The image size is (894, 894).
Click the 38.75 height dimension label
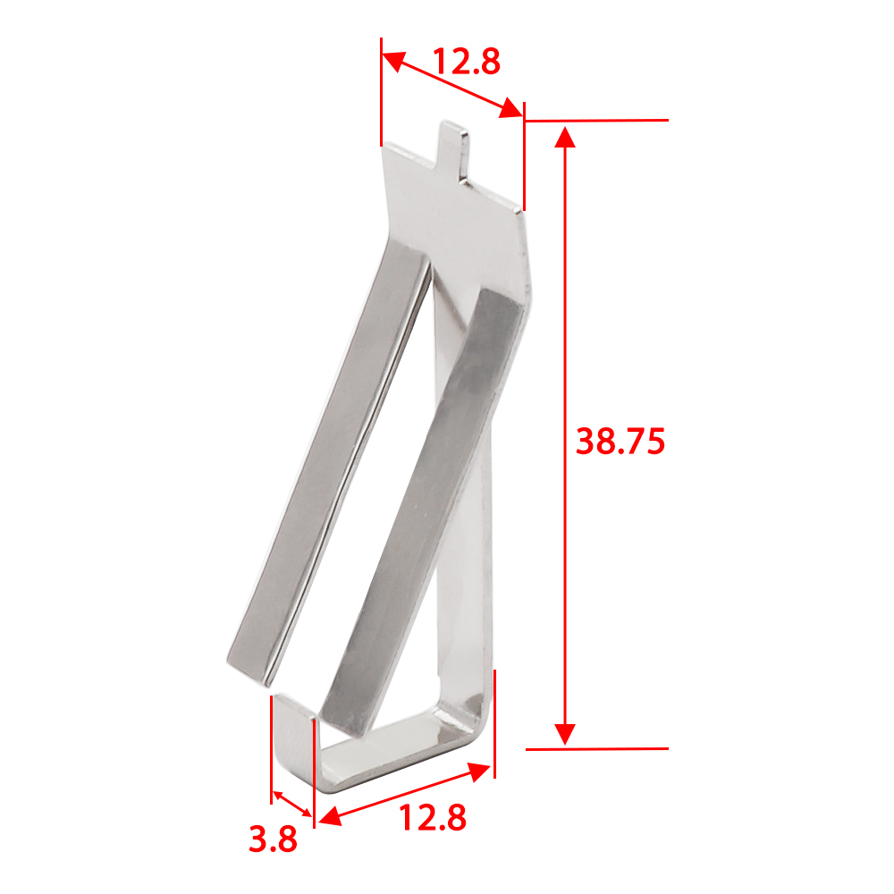tap(620, 442)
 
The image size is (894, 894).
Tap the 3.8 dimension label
tap(273, 839)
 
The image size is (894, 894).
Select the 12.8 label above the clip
tap(467, 62)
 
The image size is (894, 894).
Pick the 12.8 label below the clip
tap(433, 818)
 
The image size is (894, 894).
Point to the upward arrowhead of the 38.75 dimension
tap(565, 138)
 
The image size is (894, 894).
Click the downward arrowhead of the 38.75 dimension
tap(565, 734)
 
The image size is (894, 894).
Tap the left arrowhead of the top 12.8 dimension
tap(393, 60)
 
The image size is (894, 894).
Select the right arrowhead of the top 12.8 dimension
tap(510, 108)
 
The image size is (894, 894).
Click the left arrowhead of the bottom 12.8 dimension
tap(330, 816)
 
